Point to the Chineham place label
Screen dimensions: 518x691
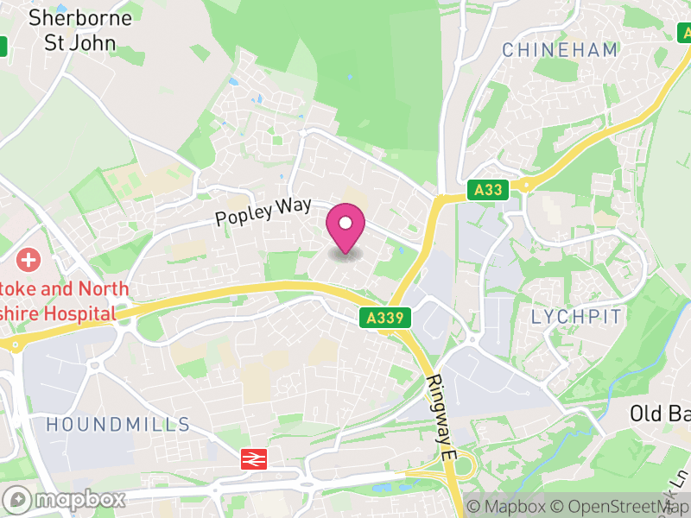[x=560, y=50]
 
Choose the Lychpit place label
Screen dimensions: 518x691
[x=576, y=316]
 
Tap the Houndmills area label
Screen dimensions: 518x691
[x=118, y=424]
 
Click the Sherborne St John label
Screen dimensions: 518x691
[x=80, y=29]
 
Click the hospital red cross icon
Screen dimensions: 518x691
[x=29, y=259]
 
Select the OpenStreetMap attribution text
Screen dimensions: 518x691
[x=621, y=507]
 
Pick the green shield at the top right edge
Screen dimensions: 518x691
[x=683, y=33]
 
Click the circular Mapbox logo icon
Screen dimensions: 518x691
[x=16, y=499]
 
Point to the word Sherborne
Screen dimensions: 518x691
[x=80, y=17]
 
